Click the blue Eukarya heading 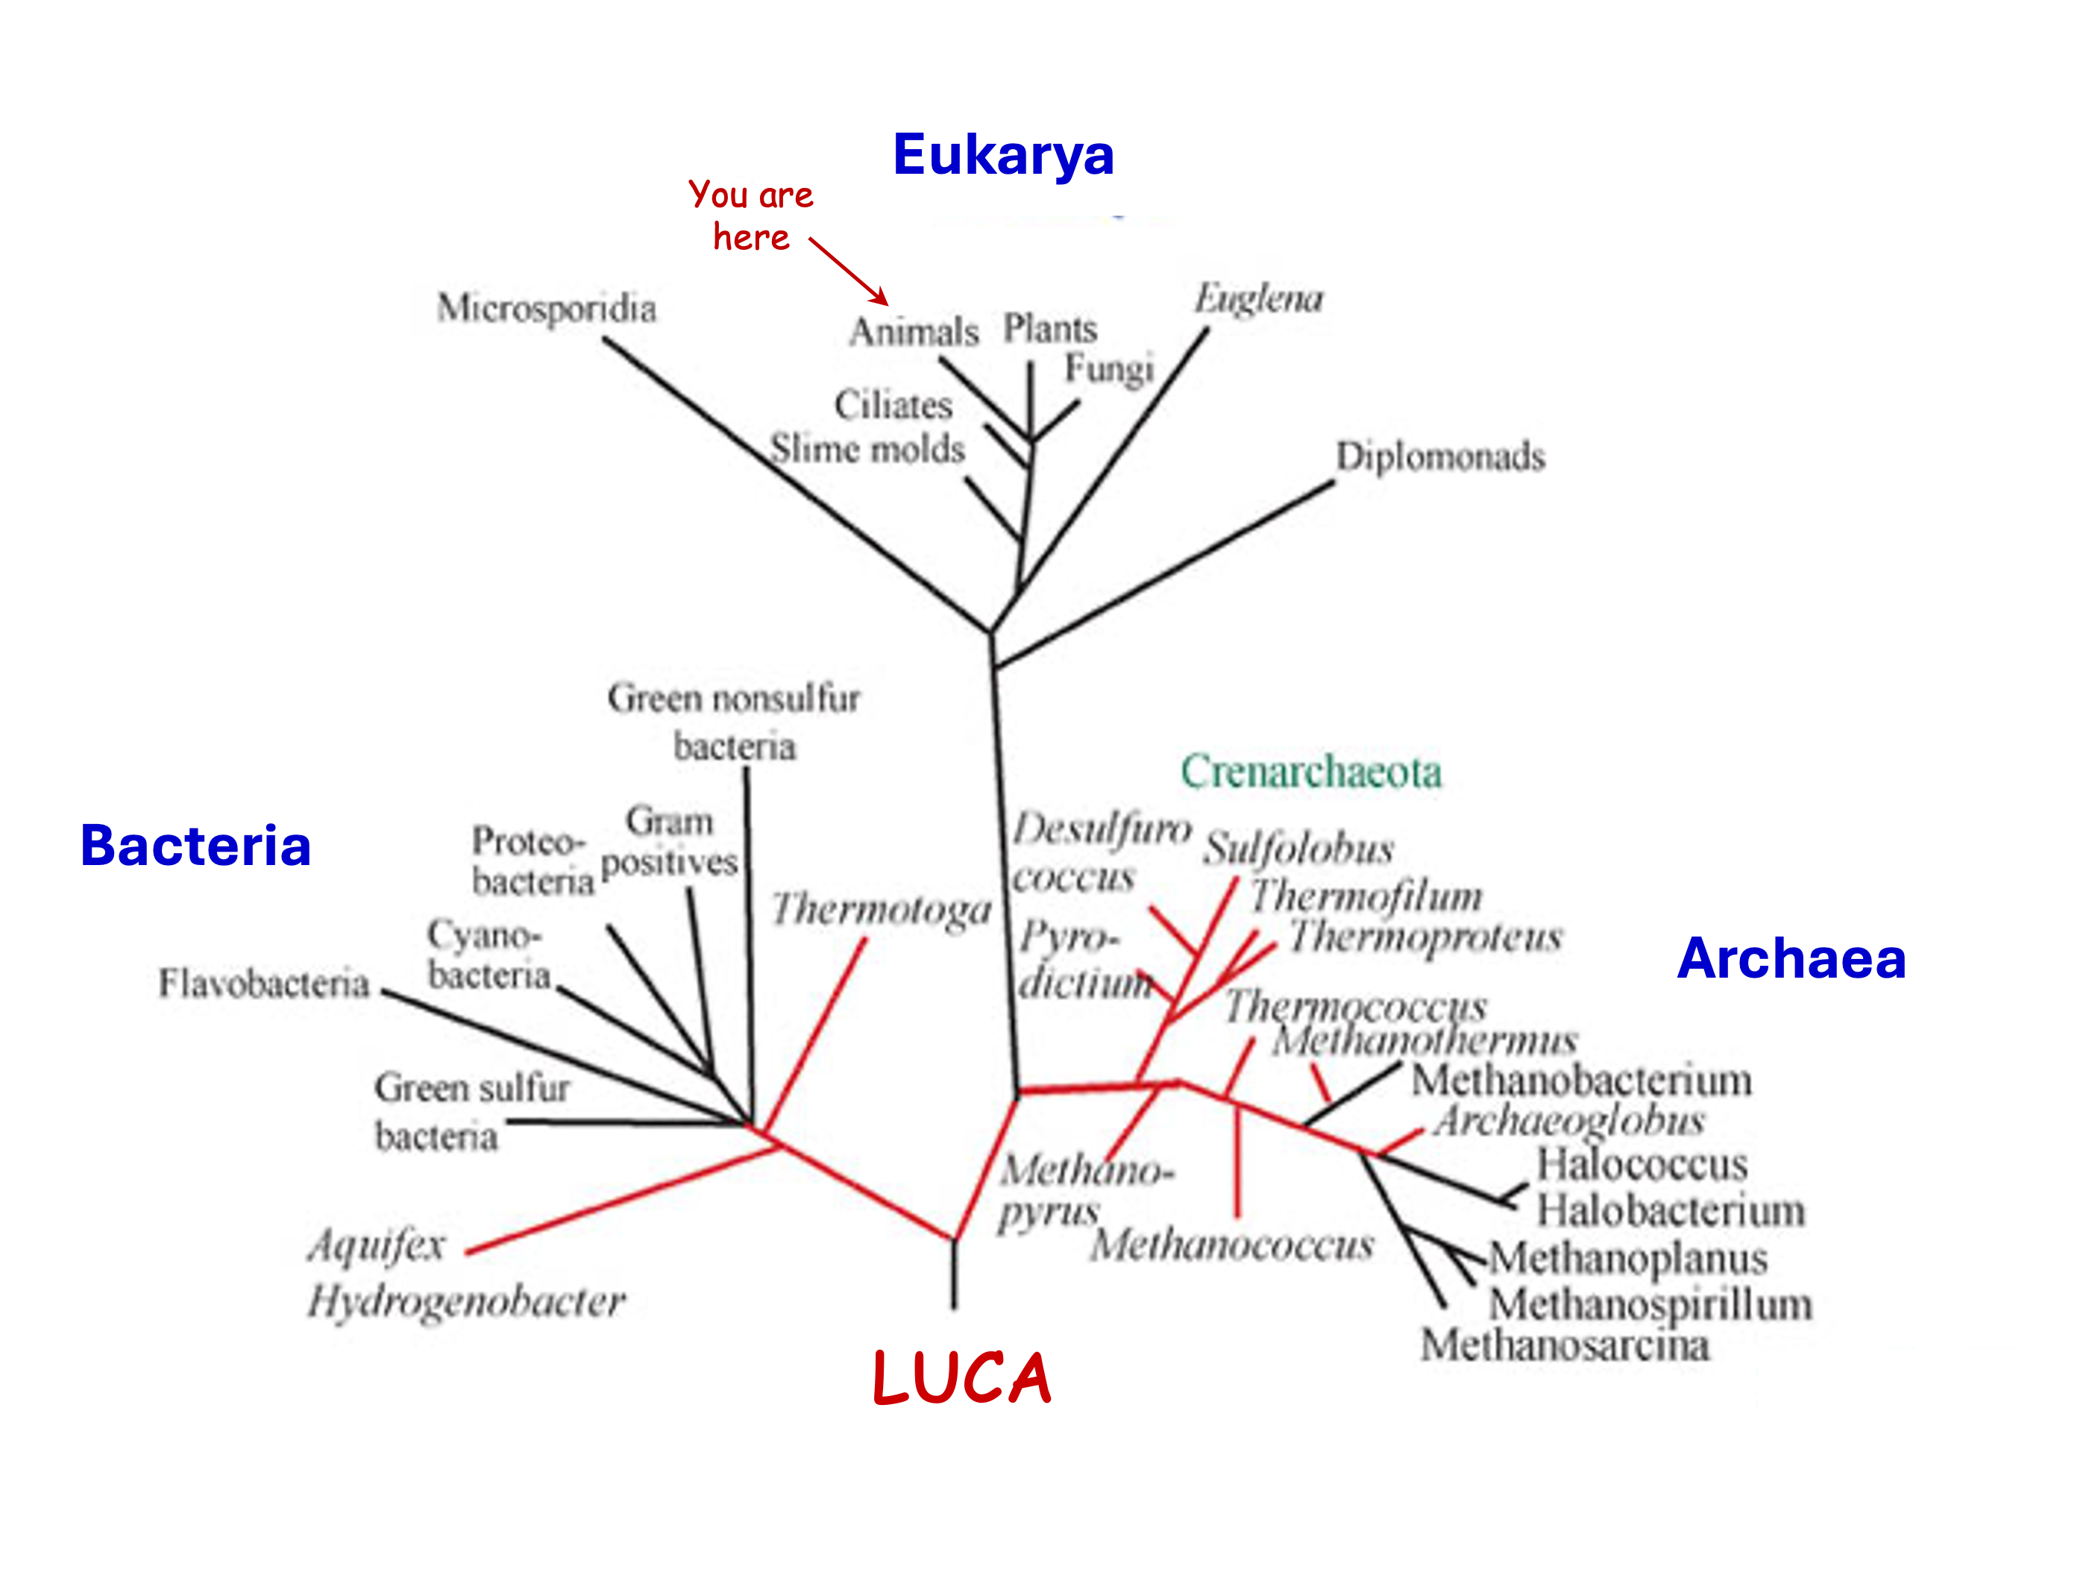coord(1003,154)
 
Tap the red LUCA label coord(961,1378)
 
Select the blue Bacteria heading coord(196,846)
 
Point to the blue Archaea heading coord(1791,958)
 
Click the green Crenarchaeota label coord(1311,772)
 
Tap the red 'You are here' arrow coord(849,271)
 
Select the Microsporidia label coord(547,309)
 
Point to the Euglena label coord(1257,299)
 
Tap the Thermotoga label coord(881,910)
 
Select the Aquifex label coord(376,1245)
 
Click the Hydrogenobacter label coord(466,1302)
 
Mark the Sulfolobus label coord(1298,849)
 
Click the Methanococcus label coord(1231,1245)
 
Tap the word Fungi coord(1109,369)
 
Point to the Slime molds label coord(867,449)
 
